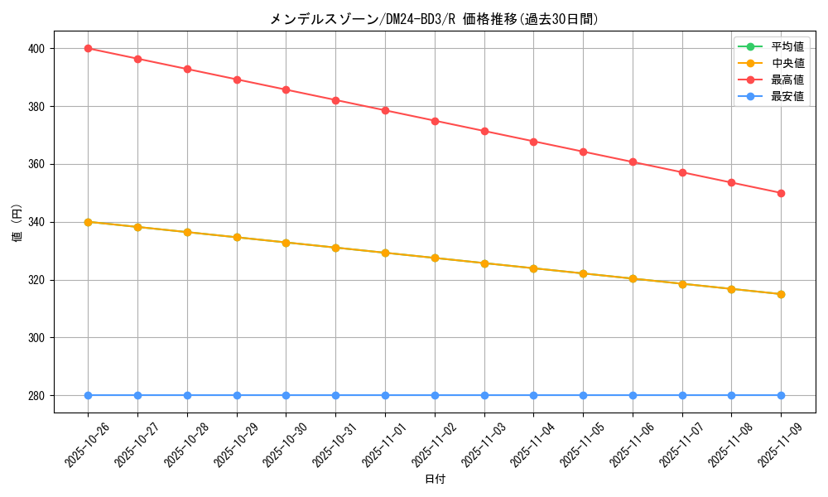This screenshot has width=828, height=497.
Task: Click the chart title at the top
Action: point(434,19)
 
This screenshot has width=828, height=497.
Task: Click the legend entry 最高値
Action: point(787,80)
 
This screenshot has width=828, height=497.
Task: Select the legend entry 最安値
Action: point(787,96)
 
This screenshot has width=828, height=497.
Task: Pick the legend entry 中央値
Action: point(787,63)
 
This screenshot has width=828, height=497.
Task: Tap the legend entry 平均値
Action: point(787,46)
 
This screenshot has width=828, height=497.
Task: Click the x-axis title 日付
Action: point(435,480)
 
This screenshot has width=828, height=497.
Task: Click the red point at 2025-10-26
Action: point(88,48)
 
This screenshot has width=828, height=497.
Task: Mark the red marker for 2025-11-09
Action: point(781,193)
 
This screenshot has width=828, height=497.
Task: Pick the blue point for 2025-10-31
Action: point(335,395)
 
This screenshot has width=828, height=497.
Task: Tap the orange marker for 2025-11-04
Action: point(533,268)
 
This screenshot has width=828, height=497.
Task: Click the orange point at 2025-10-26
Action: point(88,222)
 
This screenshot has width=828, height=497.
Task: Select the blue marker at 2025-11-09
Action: point(781,395)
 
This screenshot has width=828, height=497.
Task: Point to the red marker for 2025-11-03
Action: point(484,131)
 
